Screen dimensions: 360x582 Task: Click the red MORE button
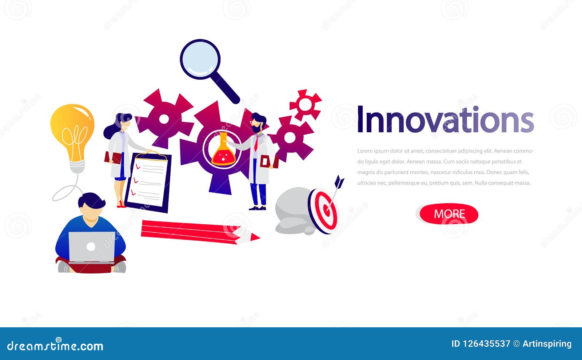point(449,214)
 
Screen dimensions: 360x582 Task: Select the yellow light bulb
point(73,131)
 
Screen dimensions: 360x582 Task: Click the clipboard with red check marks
point(148,182)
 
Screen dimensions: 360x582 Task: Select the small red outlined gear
point(306,104)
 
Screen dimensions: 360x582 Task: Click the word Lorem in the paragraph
point(364,151)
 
